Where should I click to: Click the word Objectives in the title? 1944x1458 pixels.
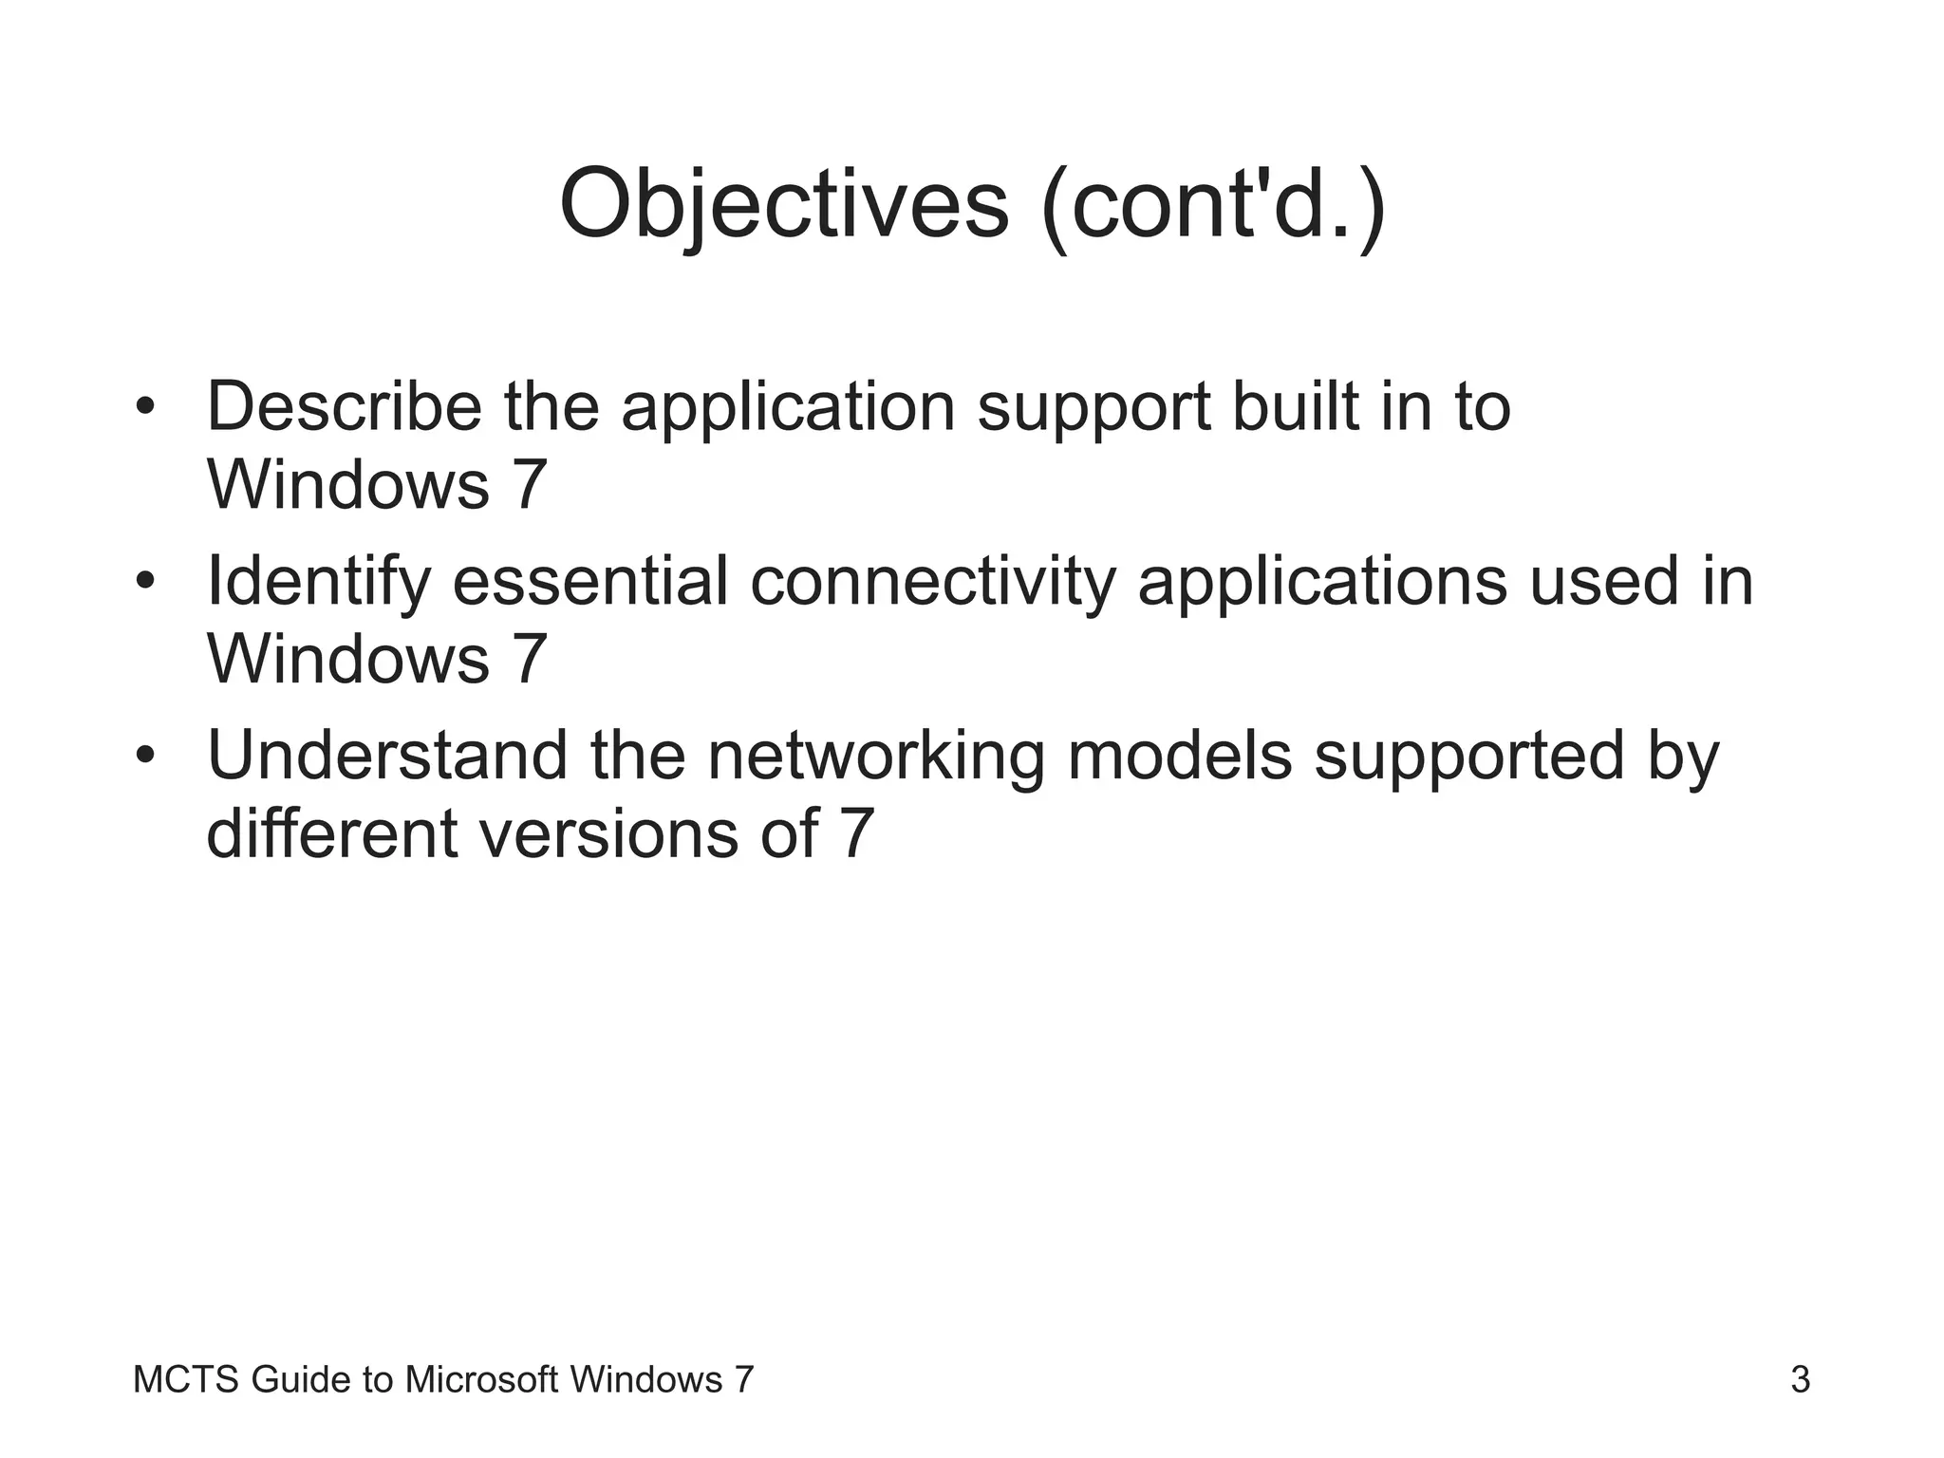coord(783,204)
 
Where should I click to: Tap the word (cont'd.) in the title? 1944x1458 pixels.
coord(1213,204)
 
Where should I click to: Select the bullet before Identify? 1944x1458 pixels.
coord(144,580)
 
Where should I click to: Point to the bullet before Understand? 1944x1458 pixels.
coord(144,756)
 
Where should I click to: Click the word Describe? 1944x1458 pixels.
coord(344,406)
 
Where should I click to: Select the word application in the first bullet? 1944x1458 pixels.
coord(787,408)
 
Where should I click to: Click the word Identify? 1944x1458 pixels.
coord(319,582)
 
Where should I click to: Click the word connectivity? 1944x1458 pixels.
coord(933,582)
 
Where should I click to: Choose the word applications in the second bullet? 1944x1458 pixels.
coord(1321,582)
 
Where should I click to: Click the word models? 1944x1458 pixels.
coord(1179,756)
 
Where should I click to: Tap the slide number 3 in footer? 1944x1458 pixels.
coord(1800,1379)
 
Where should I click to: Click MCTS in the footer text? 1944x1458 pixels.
coord(186,1379)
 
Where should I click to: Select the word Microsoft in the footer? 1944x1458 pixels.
coord(480,1379)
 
